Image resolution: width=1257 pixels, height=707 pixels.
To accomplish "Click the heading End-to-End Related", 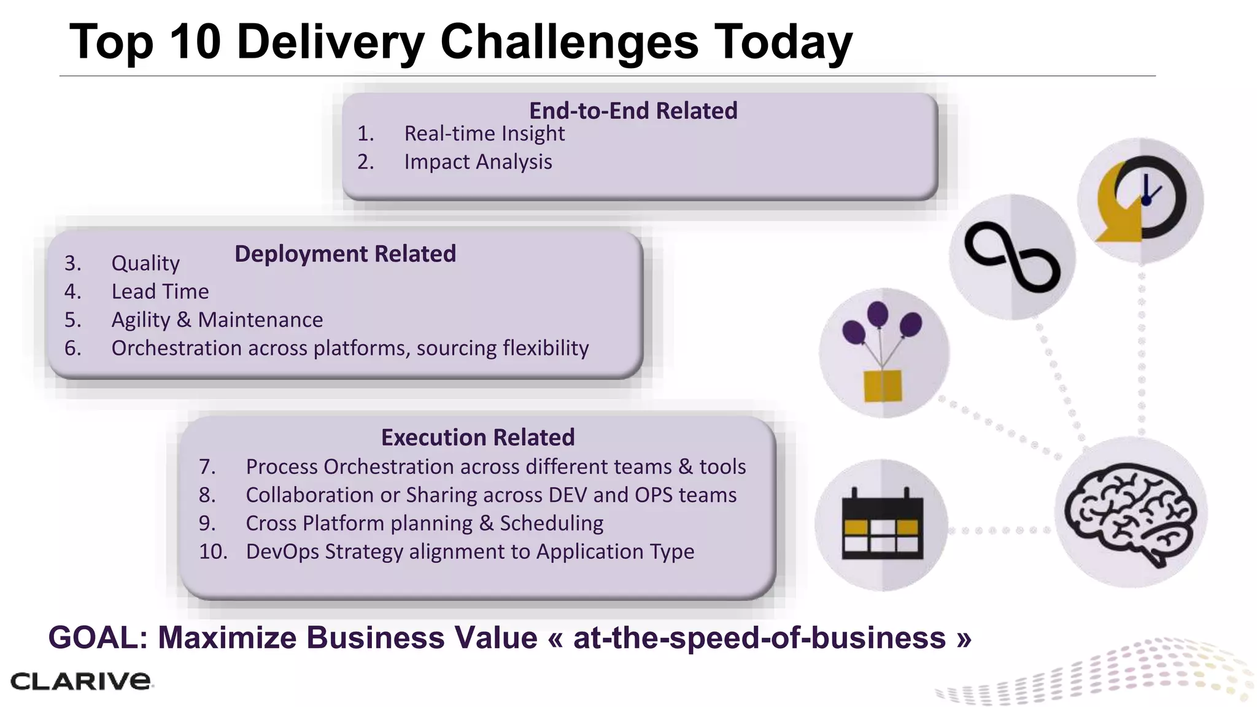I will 633,111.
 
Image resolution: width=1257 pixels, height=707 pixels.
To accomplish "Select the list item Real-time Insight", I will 484,134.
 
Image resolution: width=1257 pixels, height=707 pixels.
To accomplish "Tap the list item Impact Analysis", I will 478,162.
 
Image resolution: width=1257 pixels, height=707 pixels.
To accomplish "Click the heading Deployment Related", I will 345,254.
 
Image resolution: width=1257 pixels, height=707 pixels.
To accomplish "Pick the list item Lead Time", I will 160,292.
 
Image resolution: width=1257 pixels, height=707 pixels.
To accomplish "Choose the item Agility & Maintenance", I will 217,320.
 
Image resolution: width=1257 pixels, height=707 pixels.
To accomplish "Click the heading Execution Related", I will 478,438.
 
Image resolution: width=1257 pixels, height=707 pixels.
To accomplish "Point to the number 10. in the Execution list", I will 212,552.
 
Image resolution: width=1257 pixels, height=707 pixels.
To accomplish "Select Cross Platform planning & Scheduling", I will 424,523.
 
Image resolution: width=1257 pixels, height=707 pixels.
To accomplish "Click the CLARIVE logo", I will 80,681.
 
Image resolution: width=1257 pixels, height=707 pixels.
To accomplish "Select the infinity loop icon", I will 1012,257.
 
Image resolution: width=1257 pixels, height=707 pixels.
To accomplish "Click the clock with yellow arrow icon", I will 1140,199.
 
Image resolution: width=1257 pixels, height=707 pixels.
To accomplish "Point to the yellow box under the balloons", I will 883,385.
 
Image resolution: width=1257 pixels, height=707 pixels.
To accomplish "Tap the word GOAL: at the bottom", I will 98,638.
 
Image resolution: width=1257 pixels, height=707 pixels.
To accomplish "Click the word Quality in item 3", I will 145,263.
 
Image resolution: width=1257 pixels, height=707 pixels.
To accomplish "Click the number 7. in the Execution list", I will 207,467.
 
